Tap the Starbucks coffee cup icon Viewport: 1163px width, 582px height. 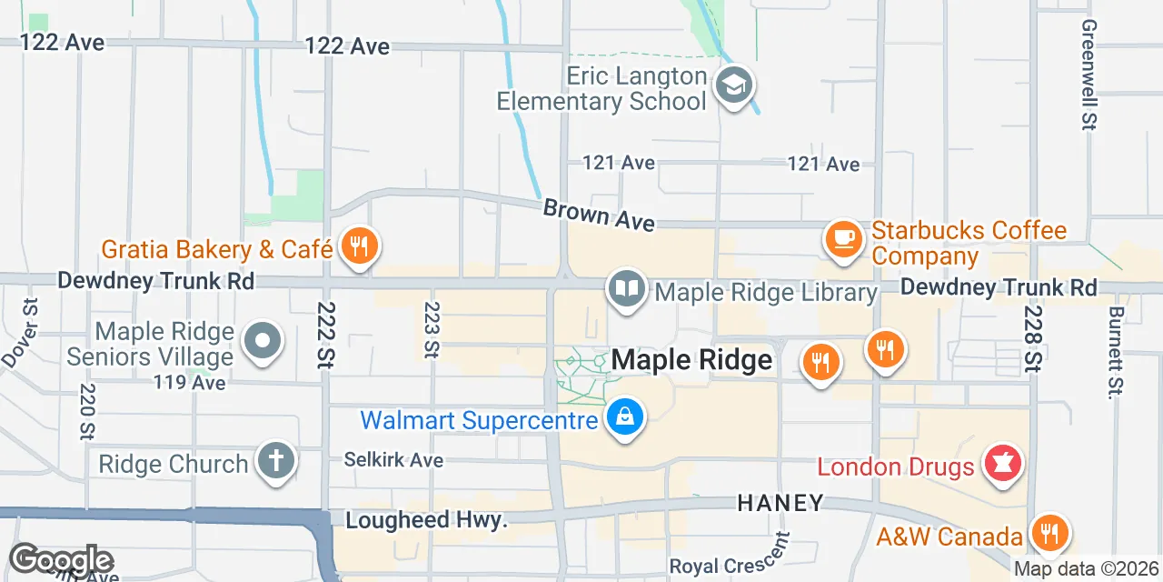(843, 238)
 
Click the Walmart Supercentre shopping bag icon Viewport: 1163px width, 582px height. (625, 418)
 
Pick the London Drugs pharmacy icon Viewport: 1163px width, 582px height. (1004, 464)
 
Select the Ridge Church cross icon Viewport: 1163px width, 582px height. (275, 461)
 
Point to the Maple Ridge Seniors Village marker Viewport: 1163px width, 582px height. (263, 343)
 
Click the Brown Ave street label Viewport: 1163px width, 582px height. (598, 216)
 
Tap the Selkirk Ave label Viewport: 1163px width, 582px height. (393, 459)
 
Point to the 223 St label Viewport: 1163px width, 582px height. (432, 329)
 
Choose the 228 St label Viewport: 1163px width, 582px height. (1032, 336)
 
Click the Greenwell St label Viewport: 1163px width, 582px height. (1088, 75)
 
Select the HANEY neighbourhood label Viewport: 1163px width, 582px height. (780, 502)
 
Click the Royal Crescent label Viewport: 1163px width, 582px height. (729, 567)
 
